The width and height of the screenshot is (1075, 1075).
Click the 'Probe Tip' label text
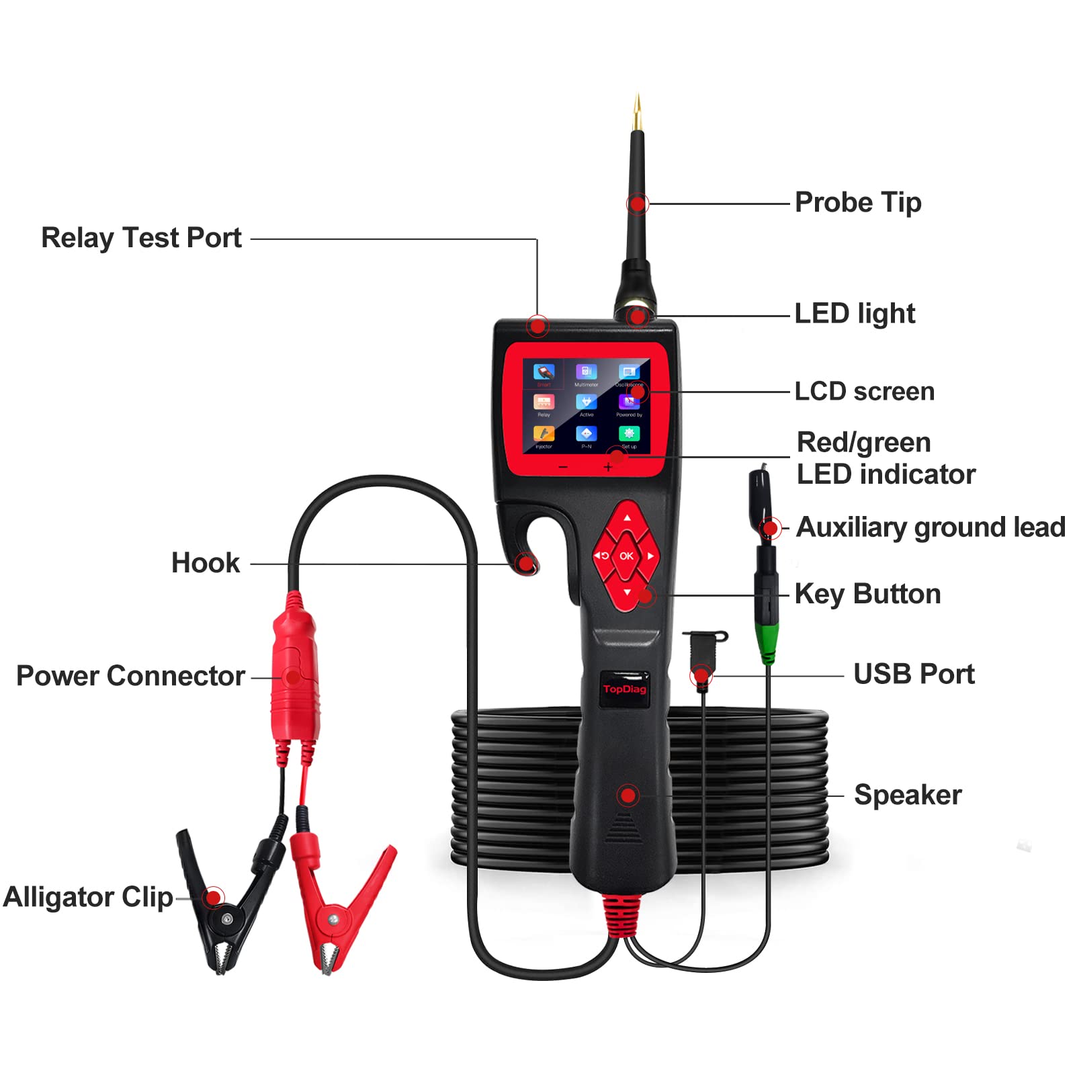click(x=857, y=202)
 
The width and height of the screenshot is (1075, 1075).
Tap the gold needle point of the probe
click(x=638, y=111)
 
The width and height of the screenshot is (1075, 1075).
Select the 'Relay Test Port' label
click(x=141, y=238)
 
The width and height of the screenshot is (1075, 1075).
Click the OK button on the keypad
click(x=626, y=556)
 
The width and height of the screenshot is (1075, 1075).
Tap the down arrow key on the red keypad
click(x=627, y=592)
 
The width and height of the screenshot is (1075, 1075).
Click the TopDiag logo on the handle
click(x=624, y=689)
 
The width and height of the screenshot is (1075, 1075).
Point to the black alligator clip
click(x=222, y=907)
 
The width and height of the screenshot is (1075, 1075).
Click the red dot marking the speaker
click(x=628, y=795)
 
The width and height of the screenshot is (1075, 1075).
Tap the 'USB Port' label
click(x=914, y=674)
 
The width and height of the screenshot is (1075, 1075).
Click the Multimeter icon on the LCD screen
click(x=586, y=374)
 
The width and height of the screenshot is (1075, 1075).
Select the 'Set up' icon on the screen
click(x=629, y=435)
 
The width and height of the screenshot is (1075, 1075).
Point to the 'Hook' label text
click(x=205, y=563)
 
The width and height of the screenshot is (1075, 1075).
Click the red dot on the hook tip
click(x=525, y=563)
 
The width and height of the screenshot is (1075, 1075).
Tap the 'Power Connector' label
click(x=130, y=676)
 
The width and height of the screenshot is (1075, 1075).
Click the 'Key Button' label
click(x=867, y=594)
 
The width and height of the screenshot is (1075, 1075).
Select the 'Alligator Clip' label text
click(x=88, y=898)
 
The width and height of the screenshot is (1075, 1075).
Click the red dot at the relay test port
click(x=537, y=327)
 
